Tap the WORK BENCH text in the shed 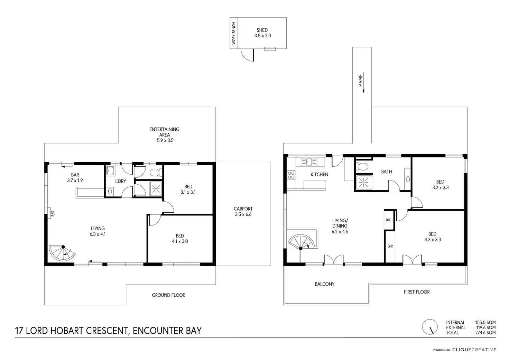234,33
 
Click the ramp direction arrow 363,83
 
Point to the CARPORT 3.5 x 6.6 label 243,212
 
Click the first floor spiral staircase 302,242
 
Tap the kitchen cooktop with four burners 291,175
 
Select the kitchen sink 309,162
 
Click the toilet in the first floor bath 362,167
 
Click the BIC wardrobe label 388,220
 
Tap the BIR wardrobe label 390,246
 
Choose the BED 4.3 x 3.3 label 433,237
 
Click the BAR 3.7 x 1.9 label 75,178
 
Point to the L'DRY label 120,181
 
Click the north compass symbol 430,327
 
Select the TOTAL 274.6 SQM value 485,333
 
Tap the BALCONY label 324,284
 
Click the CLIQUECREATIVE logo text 474,350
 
